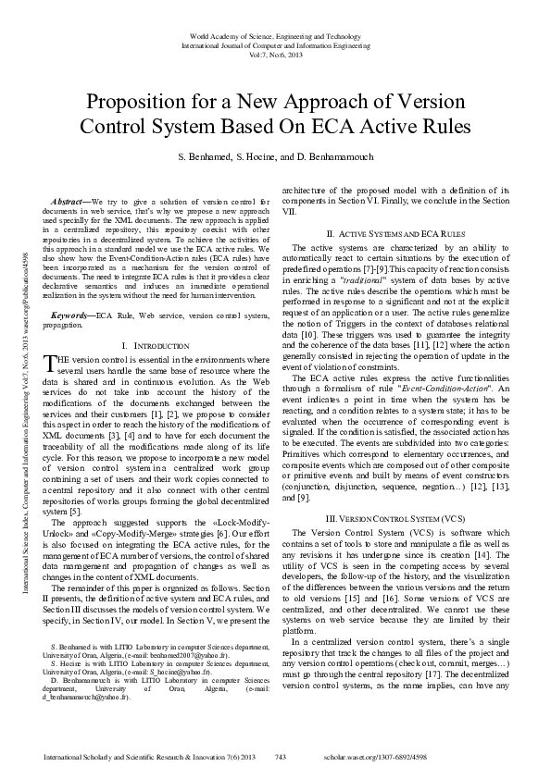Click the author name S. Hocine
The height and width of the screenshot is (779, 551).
[x=264, y=159]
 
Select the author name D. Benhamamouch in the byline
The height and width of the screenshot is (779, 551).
[x=337, y=159]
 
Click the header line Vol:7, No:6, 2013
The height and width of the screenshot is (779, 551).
[x=274, y=54]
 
